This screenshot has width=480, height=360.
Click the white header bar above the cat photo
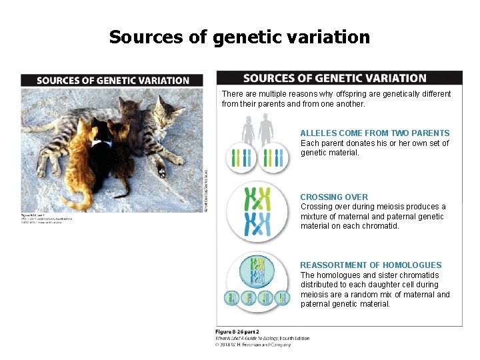coord(113,80)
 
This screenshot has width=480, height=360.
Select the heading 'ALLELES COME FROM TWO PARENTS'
coord(375,133)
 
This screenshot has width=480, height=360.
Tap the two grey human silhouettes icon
coord(257,130)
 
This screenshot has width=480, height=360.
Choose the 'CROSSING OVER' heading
coord(334,197)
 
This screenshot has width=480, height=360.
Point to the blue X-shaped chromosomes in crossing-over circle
coord(257,224)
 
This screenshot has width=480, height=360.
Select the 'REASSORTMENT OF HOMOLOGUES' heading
coord(371,265)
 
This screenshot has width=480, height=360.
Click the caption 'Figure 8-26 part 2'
coord(237,332)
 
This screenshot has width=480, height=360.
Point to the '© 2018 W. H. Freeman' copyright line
coord(253,345)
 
